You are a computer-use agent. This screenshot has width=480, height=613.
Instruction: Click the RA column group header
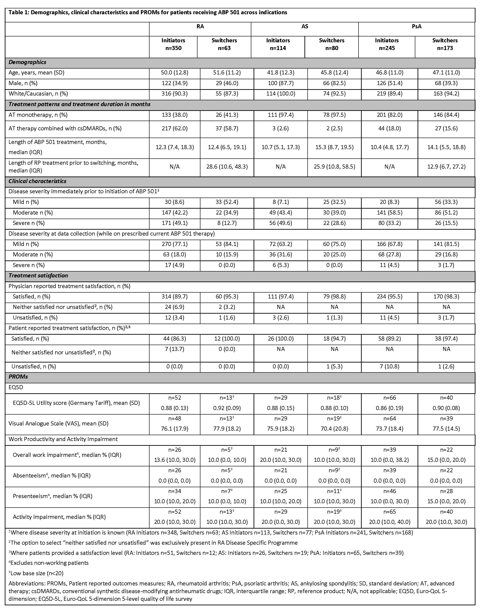tap(200, 26)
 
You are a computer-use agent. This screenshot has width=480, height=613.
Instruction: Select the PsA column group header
tap(416, 26)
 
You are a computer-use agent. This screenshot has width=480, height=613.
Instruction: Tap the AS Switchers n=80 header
tap(332, 44)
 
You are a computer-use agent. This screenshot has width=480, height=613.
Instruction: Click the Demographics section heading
tap(28, 62)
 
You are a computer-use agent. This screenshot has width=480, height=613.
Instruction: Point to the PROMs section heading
tap(18, 376)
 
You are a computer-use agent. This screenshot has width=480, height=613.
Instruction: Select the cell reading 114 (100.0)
tap(280, 94)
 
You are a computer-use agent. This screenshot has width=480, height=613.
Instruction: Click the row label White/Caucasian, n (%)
tap(38, 94)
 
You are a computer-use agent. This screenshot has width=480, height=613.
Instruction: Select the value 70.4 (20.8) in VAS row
tap(334, 429)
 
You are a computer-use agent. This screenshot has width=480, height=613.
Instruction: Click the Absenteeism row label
tap(52, 475)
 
